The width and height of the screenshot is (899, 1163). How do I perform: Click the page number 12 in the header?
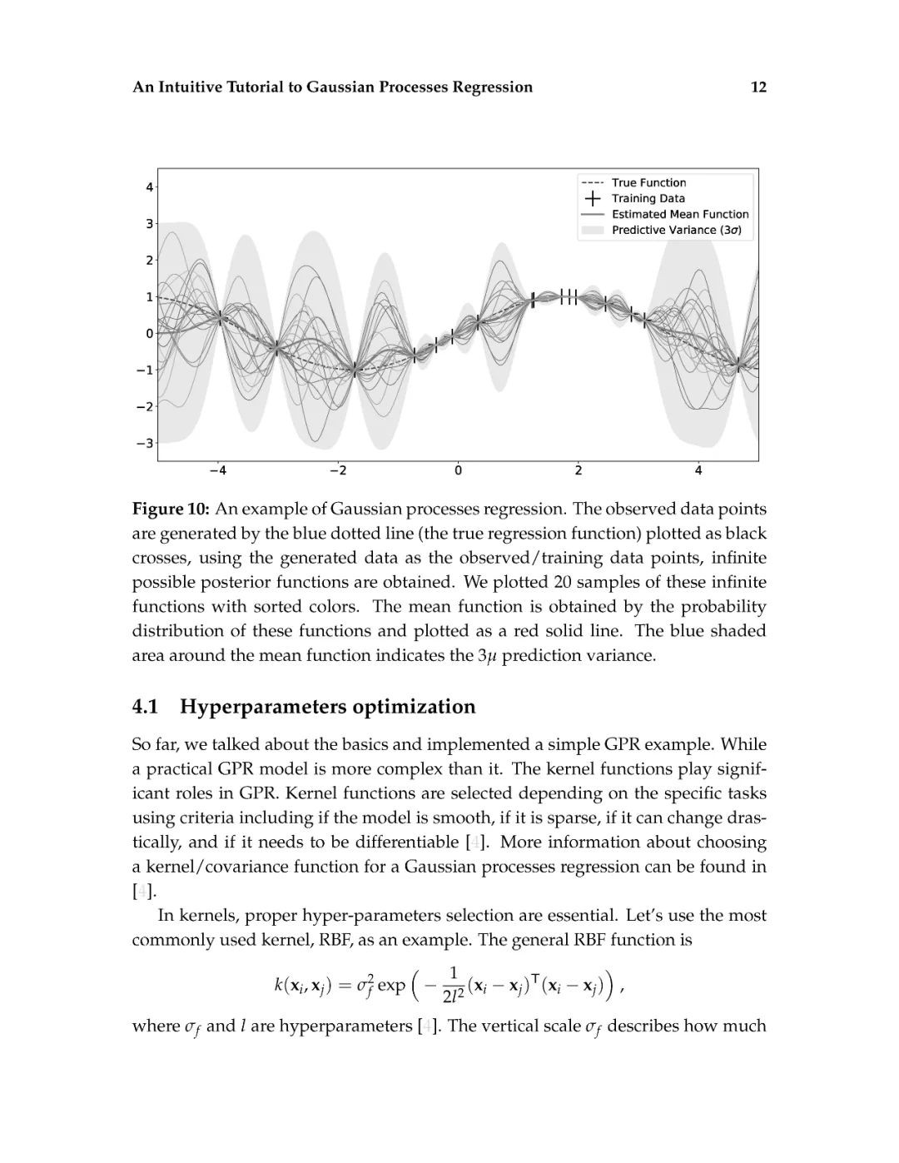(x=757, y=87)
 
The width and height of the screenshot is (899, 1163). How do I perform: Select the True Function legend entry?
(x=648, y=182)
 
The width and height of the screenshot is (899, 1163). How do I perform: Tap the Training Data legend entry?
(x=648, y=198)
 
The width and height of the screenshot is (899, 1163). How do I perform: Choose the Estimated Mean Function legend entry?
(x=680, y=214)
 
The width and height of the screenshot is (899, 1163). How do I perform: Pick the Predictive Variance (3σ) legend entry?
(x=676, y=230)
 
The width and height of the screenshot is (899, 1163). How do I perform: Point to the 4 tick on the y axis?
(x=149, y=187)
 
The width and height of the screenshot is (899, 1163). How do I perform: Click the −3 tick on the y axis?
(x=146, y=443)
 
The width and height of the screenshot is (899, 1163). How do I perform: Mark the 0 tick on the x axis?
(x=458, y=471)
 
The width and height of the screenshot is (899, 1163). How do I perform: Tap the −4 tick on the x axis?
(x=217, y=471)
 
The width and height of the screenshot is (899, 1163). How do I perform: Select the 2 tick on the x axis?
(x=579, y=471)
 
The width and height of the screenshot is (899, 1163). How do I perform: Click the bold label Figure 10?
(x=171, y=509)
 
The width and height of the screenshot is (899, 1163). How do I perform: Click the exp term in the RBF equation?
(x=391, y=986)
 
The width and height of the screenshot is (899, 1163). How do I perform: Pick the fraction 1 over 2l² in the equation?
(x=454, y=985)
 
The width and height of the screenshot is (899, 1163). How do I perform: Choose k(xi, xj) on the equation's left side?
(x=303, y=987)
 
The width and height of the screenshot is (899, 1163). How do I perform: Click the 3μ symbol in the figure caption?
(x=487, y=655)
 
